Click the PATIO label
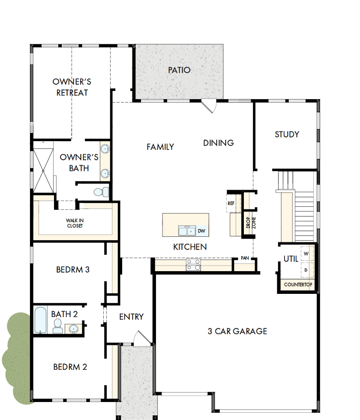pos(179,70)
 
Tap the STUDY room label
pos(287,134)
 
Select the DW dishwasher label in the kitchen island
pos(201,231)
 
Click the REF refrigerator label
pos(231,203)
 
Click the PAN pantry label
pos(245,258)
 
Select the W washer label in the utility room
pos(306,254)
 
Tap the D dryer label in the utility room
pos(306,270)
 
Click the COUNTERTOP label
pos(298,285)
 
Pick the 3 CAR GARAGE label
pos(237,331)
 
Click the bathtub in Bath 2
pos(40,320)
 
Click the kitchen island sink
pos(186,231)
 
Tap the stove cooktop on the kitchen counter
pos(193,265)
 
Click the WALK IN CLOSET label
pos(75,223)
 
